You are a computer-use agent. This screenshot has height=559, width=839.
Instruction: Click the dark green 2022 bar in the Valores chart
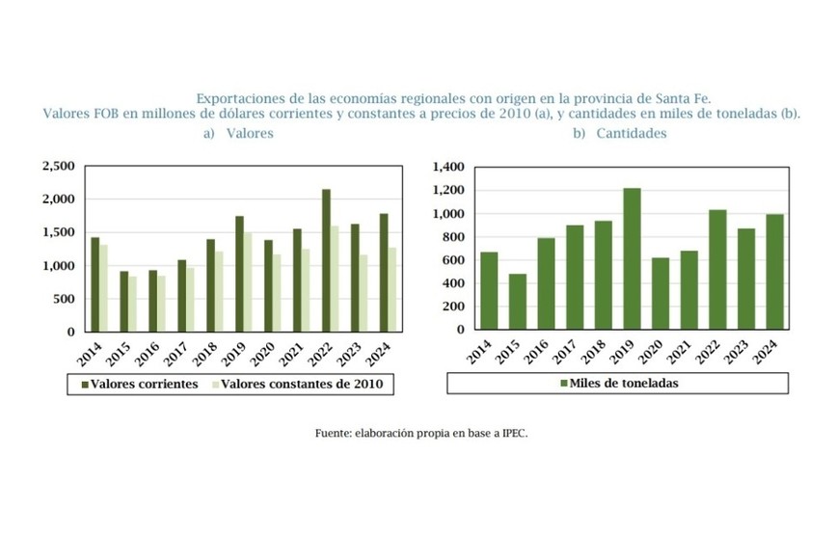tap(325, 260)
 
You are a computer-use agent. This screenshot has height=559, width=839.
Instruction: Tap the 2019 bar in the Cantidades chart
tap(632, 258)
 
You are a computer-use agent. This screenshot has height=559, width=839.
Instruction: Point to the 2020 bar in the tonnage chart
tap(661, 293)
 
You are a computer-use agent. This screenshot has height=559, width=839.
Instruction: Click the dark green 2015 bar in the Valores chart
tap(123, 301)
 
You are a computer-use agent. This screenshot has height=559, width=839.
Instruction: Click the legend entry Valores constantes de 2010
tap(301, 384)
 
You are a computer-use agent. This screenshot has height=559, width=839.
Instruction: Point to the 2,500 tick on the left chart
tap(59, 167)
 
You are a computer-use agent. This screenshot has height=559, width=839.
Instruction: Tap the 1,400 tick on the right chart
tap(449, 167)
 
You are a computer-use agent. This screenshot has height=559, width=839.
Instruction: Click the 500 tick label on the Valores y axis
tap(64, 299)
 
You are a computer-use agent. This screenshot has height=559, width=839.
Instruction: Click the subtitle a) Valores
tap(238, 134)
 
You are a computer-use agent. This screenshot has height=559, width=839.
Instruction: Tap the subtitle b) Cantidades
tap(619, 134)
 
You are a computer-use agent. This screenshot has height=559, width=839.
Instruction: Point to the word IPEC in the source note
tap(513, 434)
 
